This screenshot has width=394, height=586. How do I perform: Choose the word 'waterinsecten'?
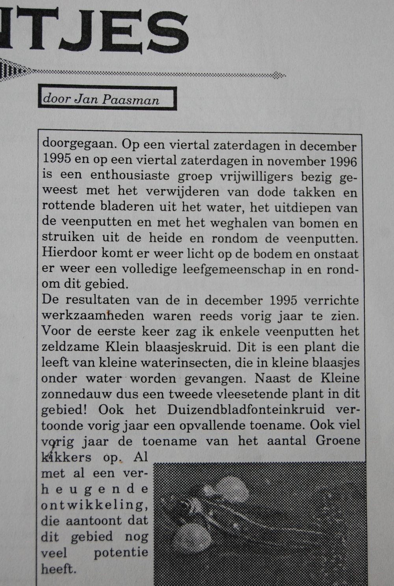point(205,363)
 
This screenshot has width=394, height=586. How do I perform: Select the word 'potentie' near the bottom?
point(121,552)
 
